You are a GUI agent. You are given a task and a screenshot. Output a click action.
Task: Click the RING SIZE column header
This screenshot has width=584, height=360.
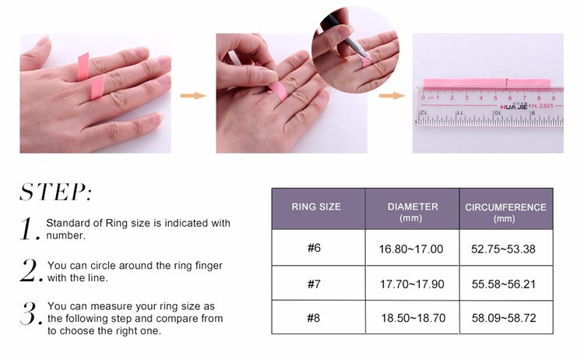click(x=316, y=206)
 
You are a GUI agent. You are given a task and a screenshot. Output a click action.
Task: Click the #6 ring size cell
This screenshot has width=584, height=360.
click(x=314, y=248)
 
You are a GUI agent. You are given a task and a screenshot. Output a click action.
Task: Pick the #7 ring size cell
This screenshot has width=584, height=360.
click(x=314, y=284)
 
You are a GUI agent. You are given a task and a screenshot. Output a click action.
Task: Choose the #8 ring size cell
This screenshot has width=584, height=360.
click(x=314, y=318)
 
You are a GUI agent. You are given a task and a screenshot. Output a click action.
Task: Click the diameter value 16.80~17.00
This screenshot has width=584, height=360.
click(x=411, y=249)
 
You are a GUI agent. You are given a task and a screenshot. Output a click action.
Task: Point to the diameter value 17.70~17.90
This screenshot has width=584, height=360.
click(x=412, y=284)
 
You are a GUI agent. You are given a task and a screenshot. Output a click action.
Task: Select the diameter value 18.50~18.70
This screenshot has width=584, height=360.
click(x=413, y=318)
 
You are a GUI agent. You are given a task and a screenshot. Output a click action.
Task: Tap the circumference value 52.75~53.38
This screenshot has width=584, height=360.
click(x=503, y=249)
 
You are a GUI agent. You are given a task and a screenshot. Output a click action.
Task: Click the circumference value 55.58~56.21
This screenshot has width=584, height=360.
click(x=504, y=284)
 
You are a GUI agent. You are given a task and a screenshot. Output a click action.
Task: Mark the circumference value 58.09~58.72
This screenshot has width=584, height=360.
click(x=504, y=318)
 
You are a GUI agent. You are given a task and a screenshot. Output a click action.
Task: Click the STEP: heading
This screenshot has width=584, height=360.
click(x=55, y=192)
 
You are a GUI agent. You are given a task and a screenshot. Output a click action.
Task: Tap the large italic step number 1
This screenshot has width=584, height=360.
click(x=29, y=228)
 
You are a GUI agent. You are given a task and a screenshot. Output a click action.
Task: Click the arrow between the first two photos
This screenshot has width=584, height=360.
click(x=193, y=96)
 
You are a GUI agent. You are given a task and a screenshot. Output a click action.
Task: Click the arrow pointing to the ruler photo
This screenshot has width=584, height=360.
click(x=392, y=96)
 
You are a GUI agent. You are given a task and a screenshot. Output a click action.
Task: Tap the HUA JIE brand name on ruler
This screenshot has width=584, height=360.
click(x=514, y=107)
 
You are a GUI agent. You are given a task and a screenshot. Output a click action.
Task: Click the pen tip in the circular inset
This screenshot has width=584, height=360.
click(x=367, y=58)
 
